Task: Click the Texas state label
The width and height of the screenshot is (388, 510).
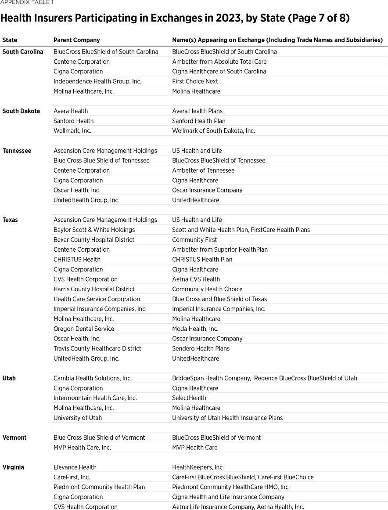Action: point(10,220)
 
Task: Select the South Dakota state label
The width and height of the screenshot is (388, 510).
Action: point(21,111)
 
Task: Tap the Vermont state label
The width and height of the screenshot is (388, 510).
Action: point(14,438)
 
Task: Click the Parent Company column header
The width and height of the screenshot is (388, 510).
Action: point(77,40)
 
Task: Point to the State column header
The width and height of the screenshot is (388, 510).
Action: point(10,40)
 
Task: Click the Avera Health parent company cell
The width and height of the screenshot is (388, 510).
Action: point(71,111)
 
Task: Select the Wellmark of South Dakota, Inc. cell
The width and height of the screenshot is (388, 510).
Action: point(213,131)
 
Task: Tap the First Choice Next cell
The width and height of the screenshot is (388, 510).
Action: point(195,81)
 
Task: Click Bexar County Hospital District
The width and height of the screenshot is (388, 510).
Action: point(94,240)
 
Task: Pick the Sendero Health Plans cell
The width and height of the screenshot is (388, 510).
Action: point(201,348)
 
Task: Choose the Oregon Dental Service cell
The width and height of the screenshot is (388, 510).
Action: point(84,329)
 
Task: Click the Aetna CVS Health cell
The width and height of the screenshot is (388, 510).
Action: point(196,279)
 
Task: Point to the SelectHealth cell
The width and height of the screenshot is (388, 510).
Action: point(189,398)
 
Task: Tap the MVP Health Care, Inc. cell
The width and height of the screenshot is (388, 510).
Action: point(82,448)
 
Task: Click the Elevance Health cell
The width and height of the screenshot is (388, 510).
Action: point(75,467)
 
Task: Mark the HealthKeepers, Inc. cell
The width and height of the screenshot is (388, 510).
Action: point(198,467)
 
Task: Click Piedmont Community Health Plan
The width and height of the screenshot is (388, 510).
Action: point(99,487)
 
